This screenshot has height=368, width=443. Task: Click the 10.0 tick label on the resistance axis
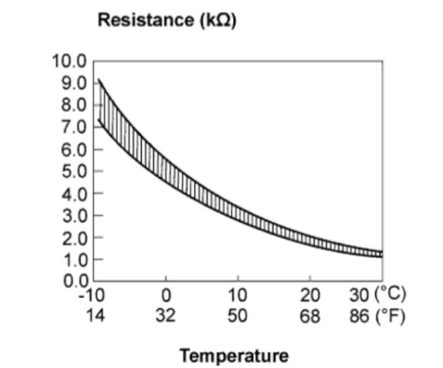point(69,61)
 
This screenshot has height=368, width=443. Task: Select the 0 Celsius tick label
point(166,295)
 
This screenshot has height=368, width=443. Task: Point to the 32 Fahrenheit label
point(166,315)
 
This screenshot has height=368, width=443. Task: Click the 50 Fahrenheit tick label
point(238,315)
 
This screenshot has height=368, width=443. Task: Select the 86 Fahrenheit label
point(360,315)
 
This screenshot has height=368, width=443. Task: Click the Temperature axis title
point(235,355)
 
